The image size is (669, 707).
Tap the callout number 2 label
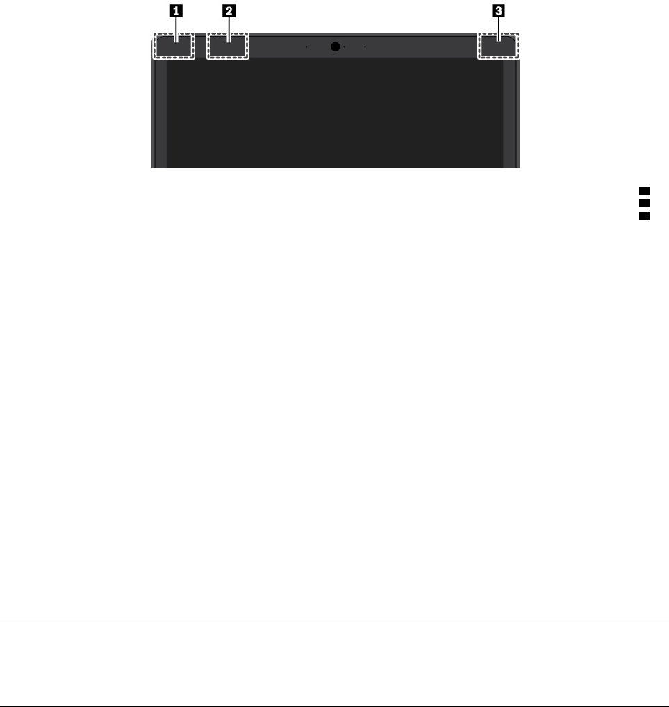pos(229,10)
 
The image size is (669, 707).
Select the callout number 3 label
pos(498,10)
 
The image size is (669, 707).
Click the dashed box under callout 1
pos(173,47)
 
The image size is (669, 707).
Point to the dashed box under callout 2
pos(227,47)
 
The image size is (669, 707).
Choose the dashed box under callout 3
pos(498,47)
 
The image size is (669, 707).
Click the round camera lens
pos(336,47)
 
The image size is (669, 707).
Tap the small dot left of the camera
pos(306,47)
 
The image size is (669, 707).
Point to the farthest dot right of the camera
pos(365,47)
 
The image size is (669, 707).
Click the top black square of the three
pos(643,190)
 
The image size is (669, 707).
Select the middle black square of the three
pos(643,203)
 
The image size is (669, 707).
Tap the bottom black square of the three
pos(643,216)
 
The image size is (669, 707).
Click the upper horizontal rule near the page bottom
pos(334,621)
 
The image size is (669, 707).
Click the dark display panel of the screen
pos(334,115)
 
